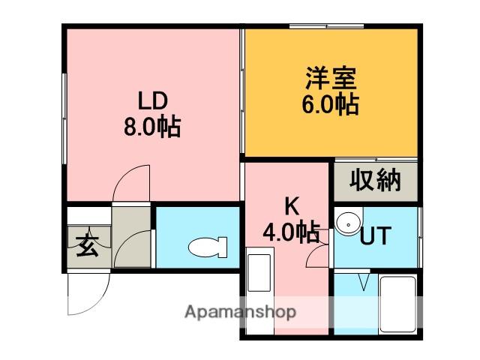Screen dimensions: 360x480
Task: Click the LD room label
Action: (x=152, y=100)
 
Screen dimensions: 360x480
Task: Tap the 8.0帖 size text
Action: (x=152, y=127)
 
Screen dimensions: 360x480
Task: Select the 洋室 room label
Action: (x=330, y=77)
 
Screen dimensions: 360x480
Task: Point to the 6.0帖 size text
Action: (x=330, y=104)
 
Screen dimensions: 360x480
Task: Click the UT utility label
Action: (x=376, y=236)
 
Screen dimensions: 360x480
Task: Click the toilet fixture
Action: (x=207, y=247)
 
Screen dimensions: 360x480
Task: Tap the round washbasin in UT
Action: (x=346, y=223)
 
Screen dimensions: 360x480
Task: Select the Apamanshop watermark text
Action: (x=239, y=312)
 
